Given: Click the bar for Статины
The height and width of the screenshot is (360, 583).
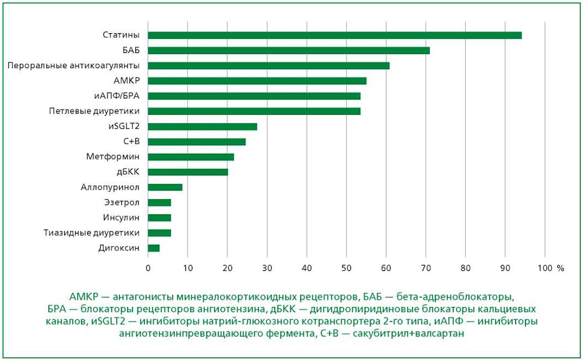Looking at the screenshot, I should (335, 35).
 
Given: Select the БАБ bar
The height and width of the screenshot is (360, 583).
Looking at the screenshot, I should (289, 50).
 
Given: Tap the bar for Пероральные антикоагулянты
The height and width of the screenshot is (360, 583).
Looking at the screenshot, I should (269, 65).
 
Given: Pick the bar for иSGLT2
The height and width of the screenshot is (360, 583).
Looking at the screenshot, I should (202, 126).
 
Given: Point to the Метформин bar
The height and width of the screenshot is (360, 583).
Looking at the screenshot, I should (191, 157).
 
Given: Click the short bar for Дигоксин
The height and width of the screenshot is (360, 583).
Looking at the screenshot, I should (153, 248).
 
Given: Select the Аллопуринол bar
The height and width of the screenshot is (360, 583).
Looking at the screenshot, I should (165, 187).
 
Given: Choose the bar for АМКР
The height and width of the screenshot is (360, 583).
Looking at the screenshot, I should (257, 80).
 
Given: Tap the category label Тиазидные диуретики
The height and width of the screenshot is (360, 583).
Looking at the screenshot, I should (92, 233).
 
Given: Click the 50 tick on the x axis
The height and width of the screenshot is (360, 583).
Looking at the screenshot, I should (346, 268).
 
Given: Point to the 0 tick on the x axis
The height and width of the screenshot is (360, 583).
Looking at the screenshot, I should (148, 268).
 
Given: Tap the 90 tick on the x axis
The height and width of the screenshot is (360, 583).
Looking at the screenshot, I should (505, 268).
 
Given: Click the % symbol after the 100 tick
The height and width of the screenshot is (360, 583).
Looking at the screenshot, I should (560, 268).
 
